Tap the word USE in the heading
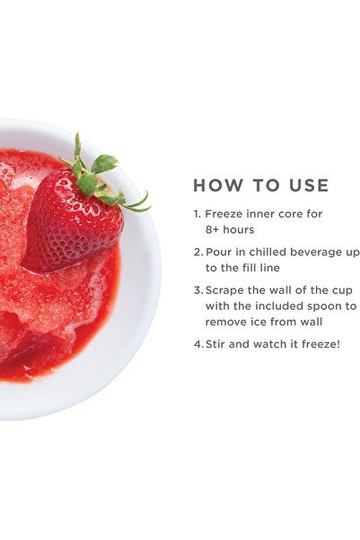pyautogui.click(x=309, y=185)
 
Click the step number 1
pyautogui.click(x=197, y=214)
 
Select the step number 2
pyautogui.click(x=198, y=252)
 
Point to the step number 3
pyautogui.click(x=198, y=290)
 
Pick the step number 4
pyautogui.click(x=198, y=344)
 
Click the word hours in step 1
pyautogui.click(x=238, y=230)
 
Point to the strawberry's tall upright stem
pyautogui.click(x=78, y=149)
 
